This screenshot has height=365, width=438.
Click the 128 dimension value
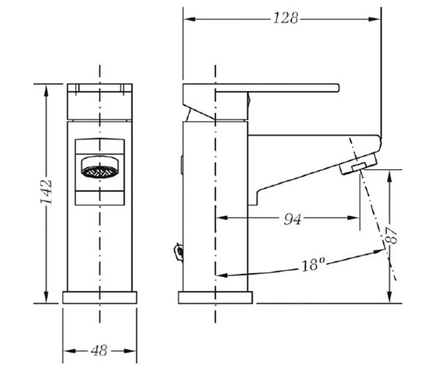[285, 18]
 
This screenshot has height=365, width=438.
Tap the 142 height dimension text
[47, 193]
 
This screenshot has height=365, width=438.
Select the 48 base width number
[99, 350]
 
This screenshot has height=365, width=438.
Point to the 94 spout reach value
[293, 219]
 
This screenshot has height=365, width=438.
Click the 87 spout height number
[391, 235]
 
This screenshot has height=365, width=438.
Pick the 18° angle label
[313, 264]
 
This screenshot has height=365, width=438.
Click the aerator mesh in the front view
[99, 172]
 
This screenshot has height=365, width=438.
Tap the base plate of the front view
[100, 297]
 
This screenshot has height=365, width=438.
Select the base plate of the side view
[215, 297]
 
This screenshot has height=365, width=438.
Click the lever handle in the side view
[261, 88]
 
